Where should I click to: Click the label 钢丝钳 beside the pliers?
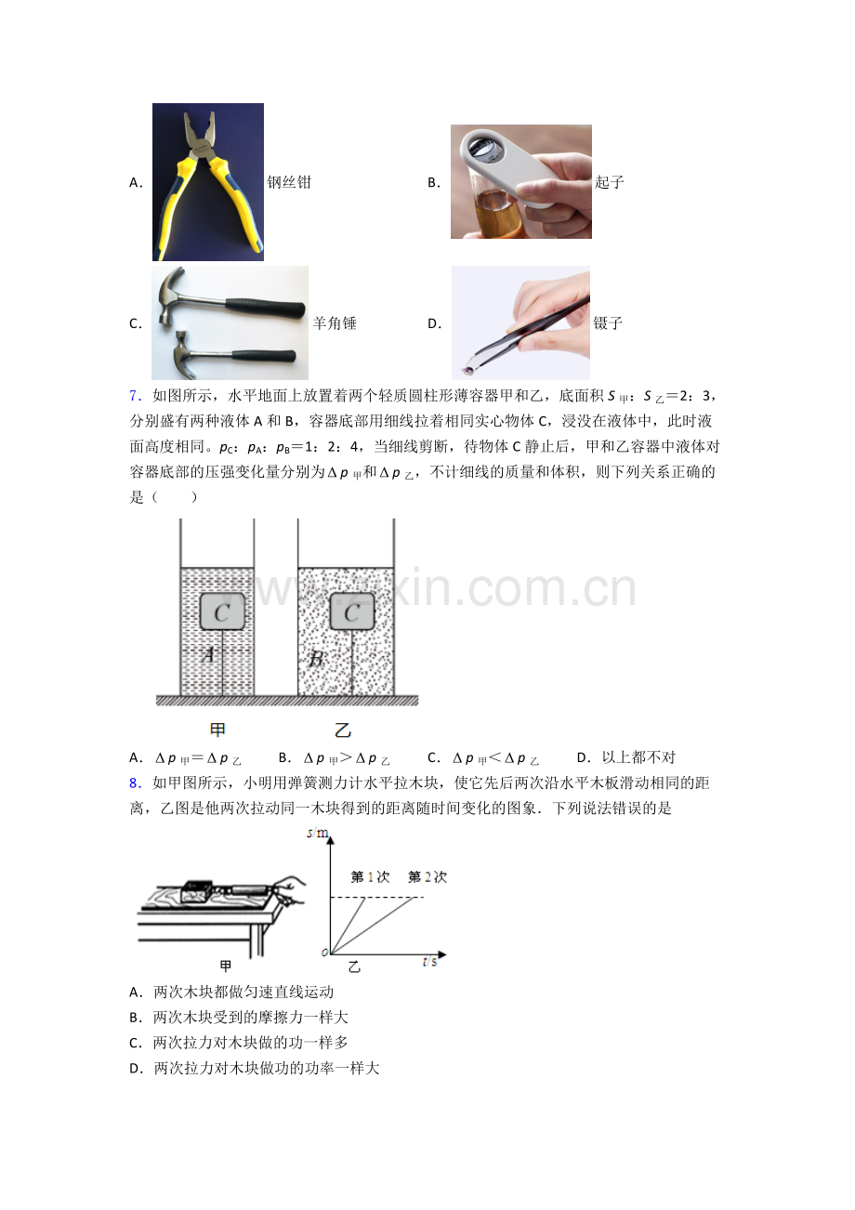coord(289,182)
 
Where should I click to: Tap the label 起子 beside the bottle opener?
coord(610,182)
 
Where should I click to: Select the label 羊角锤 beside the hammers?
coord(335,323)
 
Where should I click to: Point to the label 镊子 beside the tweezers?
coord(608,323)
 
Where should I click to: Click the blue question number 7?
coord(135,396)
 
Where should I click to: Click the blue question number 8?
coord(135,783)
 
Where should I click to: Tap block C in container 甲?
coord(222,612)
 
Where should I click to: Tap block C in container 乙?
coord(352,612)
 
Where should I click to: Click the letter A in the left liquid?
coord(208,654)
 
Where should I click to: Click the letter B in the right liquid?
coord(317,659)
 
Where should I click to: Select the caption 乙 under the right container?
coord(343,730)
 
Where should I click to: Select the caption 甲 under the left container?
coord(217,730)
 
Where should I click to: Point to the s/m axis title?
coord(318,833)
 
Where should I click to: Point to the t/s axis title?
coord(430,962)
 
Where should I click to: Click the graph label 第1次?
coord(370,876)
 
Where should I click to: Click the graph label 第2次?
coord(427,876)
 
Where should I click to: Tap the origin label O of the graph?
coord(324,953)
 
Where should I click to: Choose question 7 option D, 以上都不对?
coord(626,757)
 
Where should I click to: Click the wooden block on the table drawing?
coord(196,892)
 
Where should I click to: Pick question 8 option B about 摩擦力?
coord(239,1017)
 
